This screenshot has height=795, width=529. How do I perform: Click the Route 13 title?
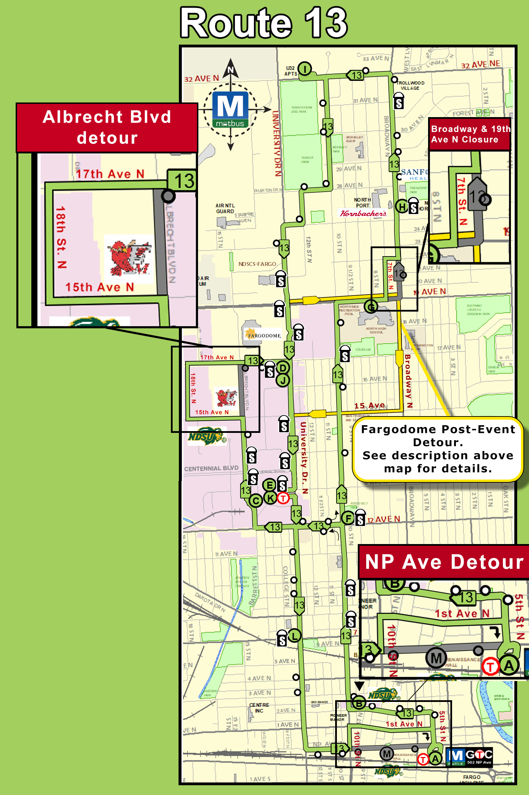pyautogui.click(x=263, y=23)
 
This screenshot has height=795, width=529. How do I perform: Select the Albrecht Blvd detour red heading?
pyautogui.click(x=107, y=127)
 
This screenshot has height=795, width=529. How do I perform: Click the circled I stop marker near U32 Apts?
pyautogui.click(x=305, y=69)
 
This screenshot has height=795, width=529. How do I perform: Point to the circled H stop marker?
pyautogui.click(x=402, y=206)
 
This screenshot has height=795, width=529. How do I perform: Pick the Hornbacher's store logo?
pyautogui.click(x=363, y=213)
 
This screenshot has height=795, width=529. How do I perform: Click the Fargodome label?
pyautogui.click(x=263, y=335)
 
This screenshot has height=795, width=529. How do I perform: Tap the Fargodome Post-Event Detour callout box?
pyautogui.click(x=438, y=449)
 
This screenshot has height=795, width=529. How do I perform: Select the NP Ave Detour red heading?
pyautogui.click(x=444, y=562)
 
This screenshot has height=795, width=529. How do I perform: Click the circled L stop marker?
pyautogui.click(x=294, y=636)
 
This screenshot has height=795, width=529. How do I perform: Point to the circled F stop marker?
pyautogui.click(x=348, y=518)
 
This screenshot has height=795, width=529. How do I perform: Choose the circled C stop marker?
pyautogui.click(x=256, y=501)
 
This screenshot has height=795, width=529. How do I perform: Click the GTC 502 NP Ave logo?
pyautogui.click(x=469, y=757)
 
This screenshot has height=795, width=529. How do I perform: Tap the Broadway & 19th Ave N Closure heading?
pyautogui.click(x=470, y=134)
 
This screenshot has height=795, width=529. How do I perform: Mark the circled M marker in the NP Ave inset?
pyautogui.click(x=436, y=658)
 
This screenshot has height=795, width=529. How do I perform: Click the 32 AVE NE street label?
pyautogui.click(x=481, y=64)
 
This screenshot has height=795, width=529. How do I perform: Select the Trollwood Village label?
pyautogui.click(x=410, y=85)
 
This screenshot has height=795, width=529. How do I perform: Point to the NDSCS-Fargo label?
pyautogui.click(x=257, y=264)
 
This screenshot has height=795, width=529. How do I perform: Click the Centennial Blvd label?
pyautogui.click(x=211, y=468)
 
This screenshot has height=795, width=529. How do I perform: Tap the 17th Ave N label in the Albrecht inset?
pyautogui.click(x=110, y=174)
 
